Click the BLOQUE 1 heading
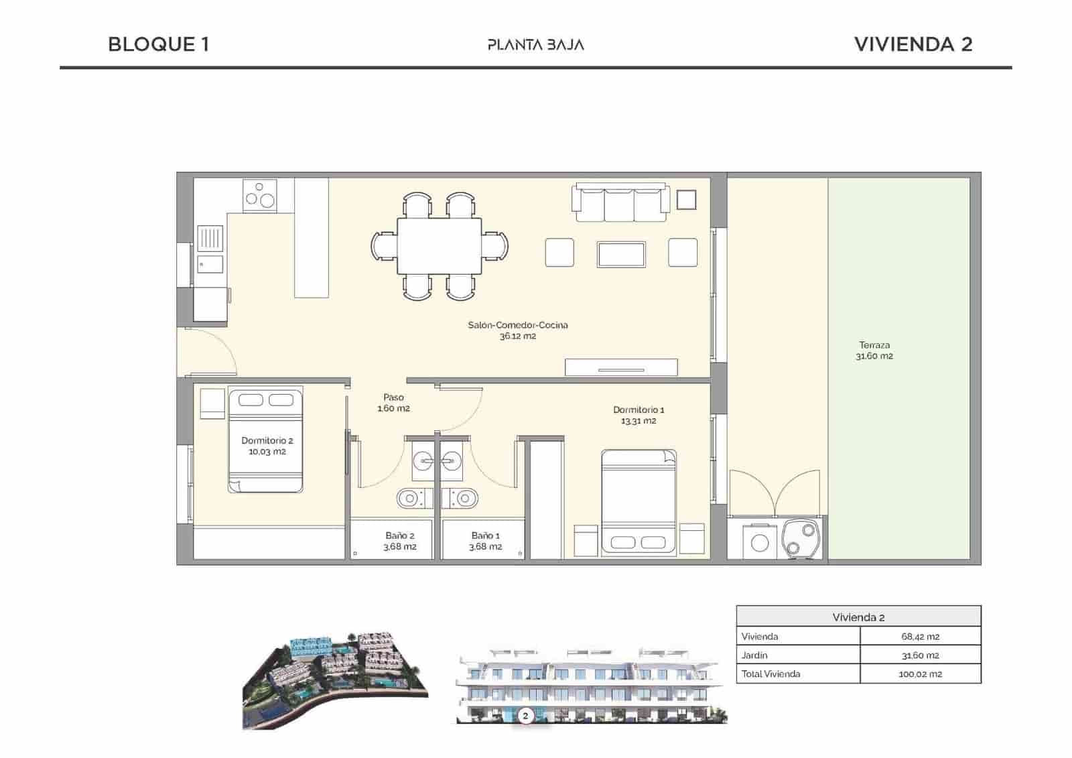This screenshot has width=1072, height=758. pos(158,44)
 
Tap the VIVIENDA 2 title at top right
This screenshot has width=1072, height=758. pos(913,44)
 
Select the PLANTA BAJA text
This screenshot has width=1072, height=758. pos(535,45)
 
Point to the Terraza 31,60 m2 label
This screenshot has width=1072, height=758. pos(874,351)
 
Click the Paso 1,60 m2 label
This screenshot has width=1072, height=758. pos(393,403)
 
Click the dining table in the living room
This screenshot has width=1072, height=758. pos(439,246)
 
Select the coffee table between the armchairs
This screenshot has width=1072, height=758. pos(621,254)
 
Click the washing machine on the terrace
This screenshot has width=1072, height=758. pos(759,542)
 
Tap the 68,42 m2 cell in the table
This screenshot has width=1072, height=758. pos(920,637)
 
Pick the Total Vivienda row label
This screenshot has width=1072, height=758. pos(770,674)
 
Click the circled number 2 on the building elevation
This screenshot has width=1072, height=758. pos(525,716)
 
